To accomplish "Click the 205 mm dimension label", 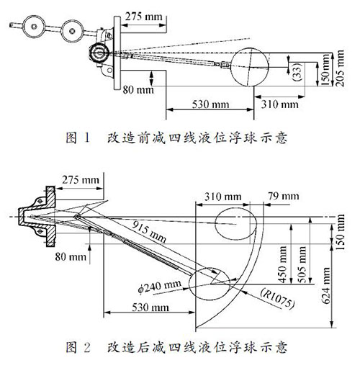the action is (x=340, y=68).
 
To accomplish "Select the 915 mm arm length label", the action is (x=149, y=231).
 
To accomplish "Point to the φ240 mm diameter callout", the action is (x=159, y=287).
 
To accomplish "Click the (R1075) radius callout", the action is (x=278, y=298).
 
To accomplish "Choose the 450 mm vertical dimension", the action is (x=282, y=264).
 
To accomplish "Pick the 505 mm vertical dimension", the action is (x=302, y=264).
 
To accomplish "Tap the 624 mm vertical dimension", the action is (x=325, y=286).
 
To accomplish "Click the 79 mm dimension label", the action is (x=284, y=196).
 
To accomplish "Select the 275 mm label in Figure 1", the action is (x=144, y=17).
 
